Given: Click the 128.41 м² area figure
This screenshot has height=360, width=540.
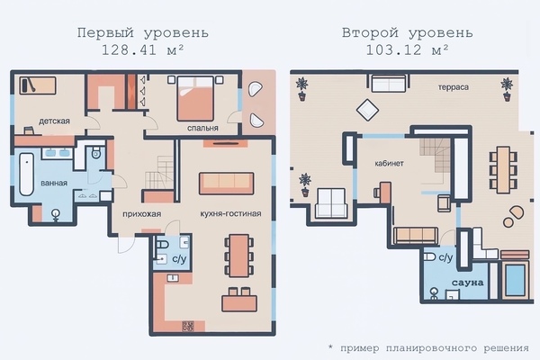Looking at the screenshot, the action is [142, 50].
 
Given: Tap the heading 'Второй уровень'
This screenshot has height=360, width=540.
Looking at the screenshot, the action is [407, 33].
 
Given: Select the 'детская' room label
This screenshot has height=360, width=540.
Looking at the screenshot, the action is [54, 121].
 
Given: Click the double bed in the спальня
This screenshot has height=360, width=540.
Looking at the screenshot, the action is [195, 98].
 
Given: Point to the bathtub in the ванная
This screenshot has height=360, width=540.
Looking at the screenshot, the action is [26, 175].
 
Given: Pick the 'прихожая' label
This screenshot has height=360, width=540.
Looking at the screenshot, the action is [142, 214].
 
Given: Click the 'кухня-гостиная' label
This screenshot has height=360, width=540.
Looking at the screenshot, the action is [230, 213].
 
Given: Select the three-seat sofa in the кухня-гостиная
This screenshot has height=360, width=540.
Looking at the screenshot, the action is [226, 184].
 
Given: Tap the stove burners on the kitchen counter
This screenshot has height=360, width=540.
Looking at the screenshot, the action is [188, 326].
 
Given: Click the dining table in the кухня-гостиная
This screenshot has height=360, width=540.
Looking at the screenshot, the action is [239, 256].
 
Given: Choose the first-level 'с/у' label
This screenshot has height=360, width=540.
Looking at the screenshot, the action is [179, 258].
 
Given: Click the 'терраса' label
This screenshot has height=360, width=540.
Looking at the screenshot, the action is [454, 87].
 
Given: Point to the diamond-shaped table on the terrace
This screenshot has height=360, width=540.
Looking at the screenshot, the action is [367, 110].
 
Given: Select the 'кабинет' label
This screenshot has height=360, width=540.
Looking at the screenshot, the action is [389, 163].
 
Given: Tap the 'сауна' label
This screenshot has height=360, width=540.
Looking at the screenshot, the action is [468, 283].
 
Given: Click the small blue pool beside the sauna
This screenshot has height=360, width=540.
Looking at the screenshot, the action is [515, 279].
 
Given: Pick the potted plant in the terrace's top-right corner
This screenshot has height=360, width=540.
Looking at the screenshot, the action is [507, 89].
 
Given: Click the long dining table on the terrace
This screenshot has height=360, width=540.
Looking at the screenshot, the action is [503, 168].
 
